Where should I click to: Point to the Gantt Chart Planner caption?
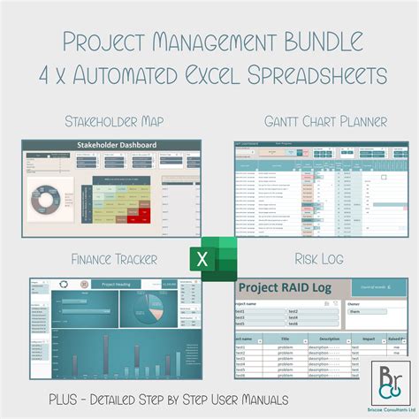coord(314,122)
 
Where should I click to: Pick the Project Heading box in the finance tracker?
coord(118,284)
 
